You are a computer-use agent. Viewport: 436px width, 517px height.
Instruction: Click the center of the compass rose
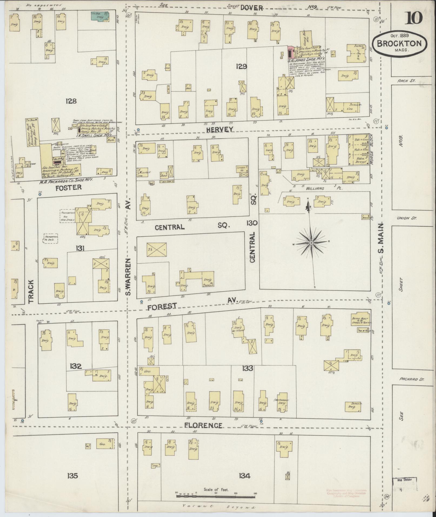(x=311, y=243)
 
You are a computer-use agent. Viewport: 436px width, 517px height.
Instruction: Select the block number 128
(x=71, y=101)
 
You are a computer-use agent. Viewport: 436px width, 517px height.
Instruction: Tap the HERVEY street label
(x=219, y=130)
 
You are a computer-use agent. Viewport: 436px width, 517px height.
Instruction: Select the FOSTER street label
(x=68, y=187)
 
